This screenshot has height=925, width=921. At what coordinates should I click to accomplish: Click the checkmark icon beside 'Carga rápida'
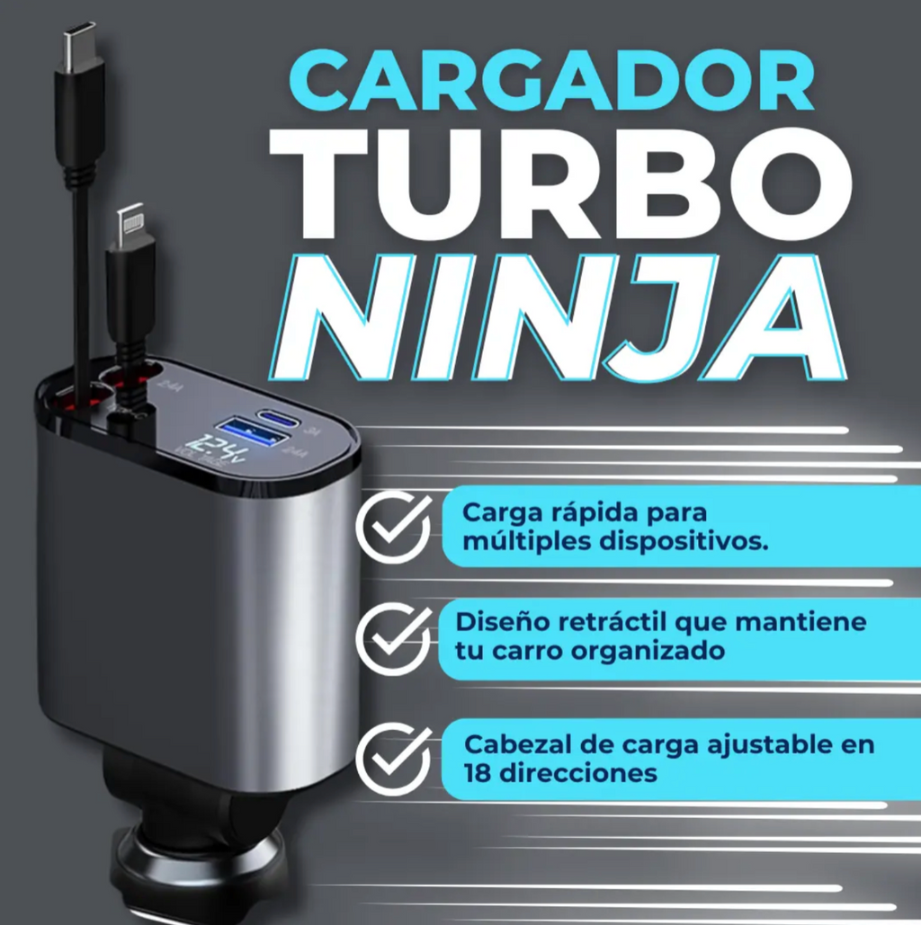393,525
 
